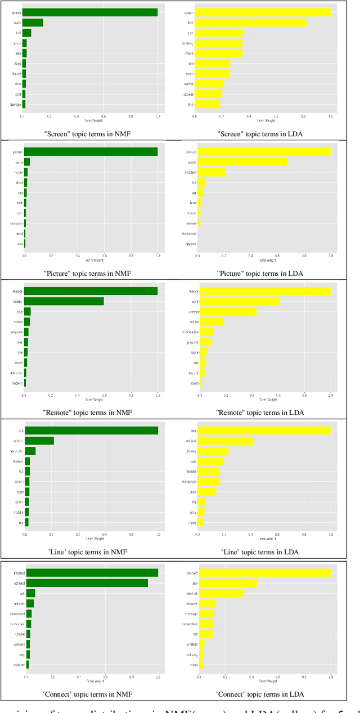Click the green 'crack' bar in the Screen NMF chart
click(x=33, y=23)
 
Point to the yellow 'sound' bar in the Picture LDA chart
click(x=242, y=162)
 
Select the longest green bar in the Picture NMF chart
click(x=91, y=152)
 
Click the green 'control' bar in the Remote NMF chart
click(x=64, y=301)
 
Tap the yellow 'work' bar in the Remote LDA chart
click(x=240, y=301)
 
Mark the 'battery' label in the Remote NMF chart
click(x=17, y=383)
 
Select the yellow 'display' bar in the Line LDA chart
click(x=213, y=451)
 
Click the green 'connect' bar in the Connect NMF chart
click(x=87, y=583)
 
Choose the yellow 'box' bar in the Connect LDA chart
click(x=228, y=583)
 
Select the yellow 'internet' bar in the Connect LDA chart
click(x=221, y=593)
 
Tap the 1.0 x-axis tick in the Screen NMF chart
click(x=157, y=116)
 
